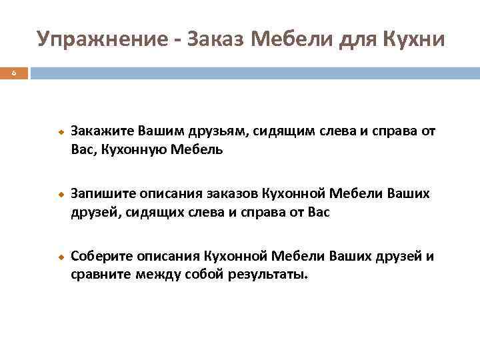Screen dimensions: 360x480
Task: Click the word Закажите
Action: tap(102, 131)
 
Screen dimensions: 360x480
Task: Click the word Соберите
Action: tap(102, 255)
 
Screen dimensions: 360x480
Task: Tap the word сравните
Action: tap(100, 275)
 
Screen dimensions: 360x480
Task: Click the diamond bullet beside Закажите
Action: tap(59, 131)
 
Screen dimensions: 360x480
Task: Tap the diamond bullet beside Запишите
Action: tap(59, 194)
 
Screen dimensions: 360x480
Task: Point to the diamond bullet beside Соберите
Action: tap(59, 256)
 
